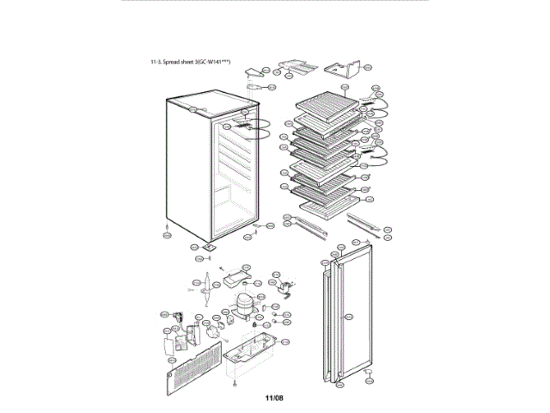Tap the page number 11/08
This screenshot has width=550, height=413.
pos(273,398)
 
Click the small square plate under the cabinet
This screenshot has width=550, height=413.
pos(207,244)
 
